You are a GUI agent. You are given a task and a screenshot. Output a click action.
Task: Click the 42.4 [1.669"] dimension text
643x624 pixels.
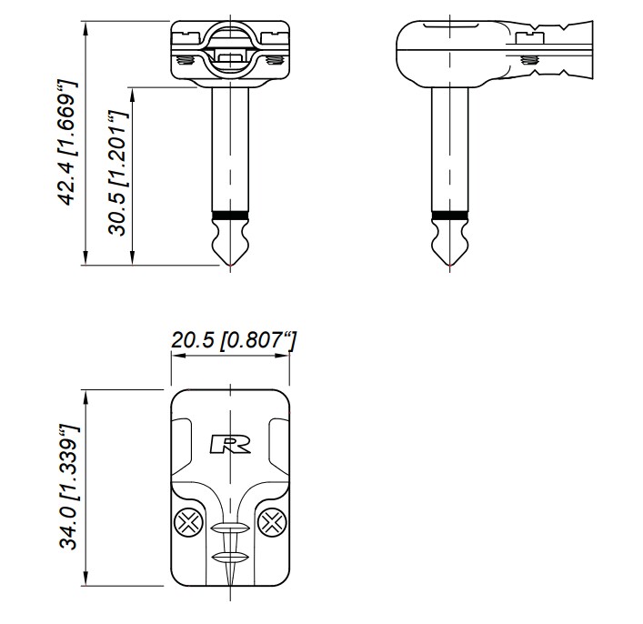point(66,143)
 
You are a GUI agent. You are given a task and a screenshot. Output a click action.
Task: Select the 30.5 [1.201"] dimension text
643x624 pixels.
point(118,173)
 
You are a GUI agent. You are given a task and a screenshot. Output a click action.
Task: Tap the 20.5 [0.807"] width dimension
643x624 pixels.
point(233,341)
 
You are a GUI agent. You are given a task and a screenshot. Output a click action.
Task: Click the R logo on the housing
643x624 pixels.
point(230,444)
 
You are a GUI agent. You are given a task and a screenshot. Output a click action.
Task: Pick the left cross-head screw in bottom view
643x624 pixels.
point(188,523)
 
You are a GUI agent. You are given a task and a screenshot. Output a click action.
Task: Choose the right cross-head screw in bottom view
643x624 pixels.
point(272,523)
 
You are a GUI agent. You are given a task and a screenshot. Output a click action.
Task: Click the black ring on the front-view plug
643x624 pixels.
point(230,216)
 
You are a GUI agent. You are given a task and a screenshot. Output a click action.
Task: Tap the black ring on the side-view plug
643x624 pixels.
point(450,216)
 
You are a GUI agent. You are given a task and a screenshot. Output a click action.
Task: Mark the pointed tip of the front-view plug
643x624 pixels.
point(230,266)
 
